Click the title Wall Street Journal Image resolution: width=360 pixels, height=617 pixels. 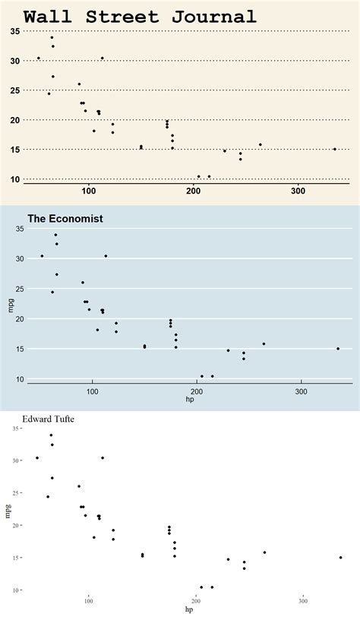coord(140,17)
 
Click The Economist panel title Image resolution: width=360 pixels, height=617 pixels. coord(65,219)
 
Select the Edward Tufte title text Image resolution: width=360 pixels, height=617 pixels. coord(49,418)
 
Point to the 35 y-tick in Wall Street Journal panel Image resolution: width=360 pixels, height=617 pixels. coord(15,31)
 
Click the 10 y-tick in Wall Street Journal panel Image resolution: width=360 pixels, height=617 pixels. coord(15,179)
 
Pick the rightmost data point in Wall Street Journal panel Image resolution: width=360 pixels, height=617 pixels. coord(335,149)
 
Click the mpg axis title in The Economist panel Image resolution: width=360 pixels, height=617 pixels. coord(11,305)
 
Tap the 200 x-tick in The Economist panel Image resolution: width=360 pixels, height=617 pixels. coord(197,391)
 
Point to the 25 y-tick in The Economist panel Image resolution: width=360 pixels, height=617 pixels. coord(20,289)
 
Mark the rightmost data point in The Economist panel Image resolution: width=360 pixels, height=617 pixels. coord(338,349)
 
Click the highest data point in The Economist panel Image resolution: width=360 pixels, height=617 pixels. coord(55,235)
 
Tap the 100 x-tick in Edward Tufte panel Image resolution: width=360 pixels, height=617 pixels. coord(89,601)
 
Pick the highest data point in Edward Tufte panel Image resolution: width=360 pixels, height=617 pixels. coord(51,435)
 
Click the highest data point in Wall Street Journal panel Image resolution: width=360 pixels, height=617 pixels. coord(52,37)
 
